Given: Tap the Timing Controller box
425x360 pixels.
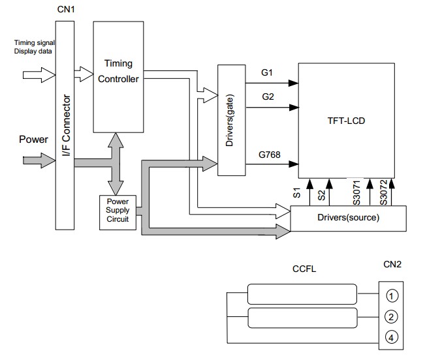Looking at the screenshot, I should (x=118, y=72).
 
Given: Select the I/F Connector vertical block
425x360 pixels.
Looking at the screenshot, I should (x=65, y=124).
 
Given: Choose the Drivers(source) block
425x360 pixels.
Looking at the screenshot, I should (x=347, y=218).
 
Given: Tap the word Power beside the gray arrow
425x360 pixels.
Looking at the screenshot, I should (x=33, y=139).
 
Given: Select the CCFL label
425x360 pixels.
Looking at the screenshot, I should (x=304, y=269).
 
